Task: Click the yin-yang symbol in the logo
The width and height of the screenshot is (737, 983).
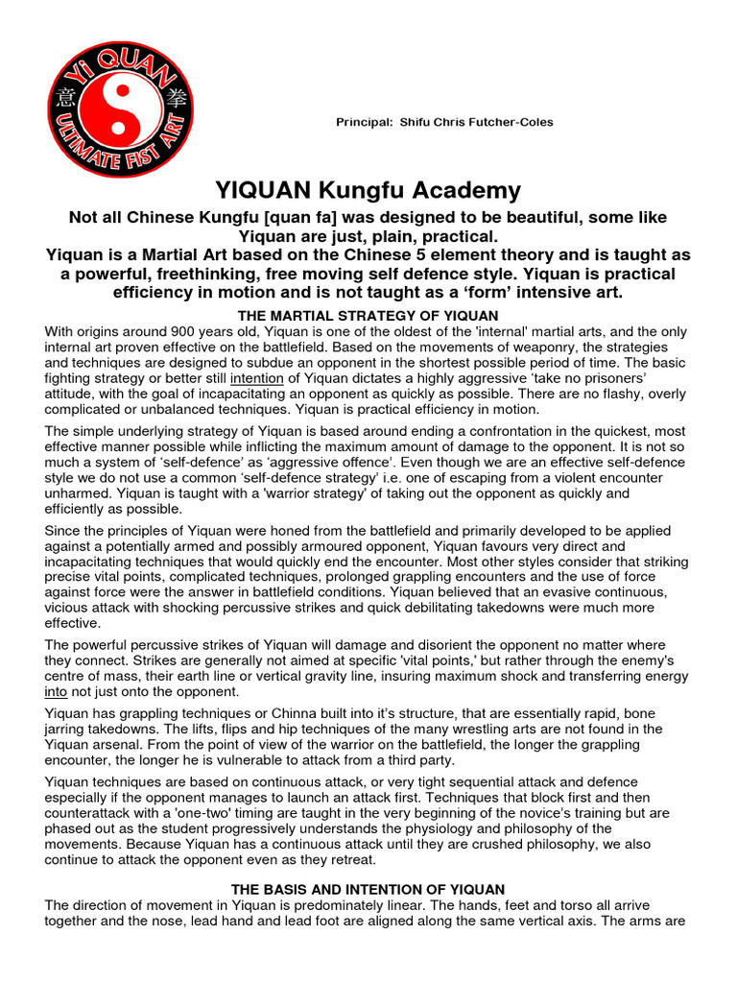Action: pyautogui.click(x=121, y=109)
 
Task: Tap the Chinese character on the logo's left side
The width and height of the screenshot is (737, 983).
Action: pyautogui.click(x=66, y=99)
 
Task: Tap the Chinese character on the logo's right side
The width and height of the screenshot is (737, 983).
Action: pyautogui.click(x=174, y=98)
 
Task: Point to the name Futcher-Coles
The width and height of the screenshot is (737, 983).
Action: pyautogui.click(x=512, y=123)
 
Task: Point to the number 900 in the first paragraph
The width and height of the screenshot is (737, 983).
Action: pyautogui.click(x=157, y=332)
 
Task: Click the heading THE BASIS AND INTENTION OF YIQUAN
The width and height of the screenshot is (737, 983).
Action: pyautogui.click(x=368, y=889)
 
